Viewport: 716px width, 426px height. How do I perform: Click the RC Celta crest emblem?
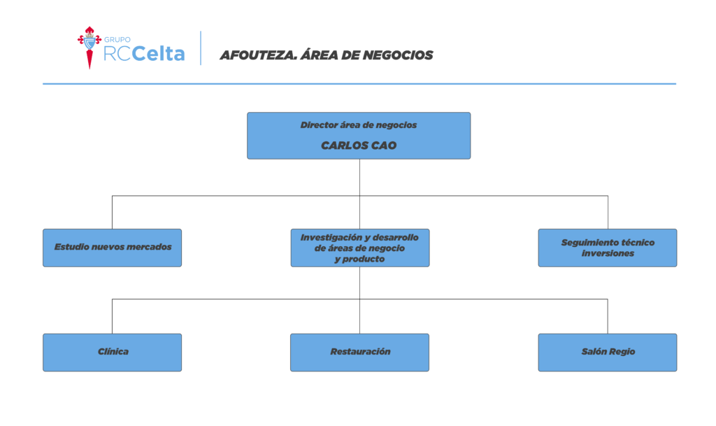click(89, 48)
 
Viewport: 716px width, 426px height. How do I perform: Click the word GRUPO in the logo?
click(117, 40)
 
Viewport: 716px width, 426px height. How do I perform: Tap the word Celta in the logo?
click(159, 54)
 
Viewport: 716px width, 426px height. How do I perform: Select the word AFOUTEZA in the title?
click(259, 55)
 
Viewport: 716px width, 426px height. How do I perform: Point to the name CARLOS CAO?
click(359, 145)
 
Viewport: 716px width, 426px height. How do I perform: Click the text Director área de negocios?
click(359, 125)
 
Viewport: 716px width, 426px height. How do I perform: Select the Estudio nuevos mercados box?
click(113, 248)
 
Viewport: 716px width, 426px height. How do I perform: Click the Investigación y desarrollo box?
click(360, 248)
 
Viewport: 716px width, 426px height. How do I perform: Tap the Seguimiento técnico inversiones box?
click(608, 248)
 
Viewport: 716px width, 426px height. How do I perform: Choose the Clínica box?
click(113, 353)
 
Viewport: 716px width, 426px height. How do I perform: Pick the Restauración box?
click(360, 353)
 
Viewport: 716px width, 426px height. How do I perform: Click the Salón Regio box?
click(608, 353)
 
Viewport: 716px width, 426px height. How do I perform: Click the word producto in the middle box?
click(364, 260)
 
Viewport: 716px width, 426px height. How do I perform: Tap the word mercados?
click(149, 247)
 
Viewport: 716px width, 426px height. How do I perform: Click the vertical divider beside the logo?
click(201, 48)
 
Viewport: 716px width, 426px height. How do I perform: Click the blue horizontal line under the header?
click(359, 83)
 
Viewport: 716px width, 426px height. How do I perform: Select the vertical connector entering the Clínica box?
click(113, 316)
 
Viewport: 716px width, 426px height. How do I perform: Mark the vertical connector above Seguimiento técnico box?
click(608, 213)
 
